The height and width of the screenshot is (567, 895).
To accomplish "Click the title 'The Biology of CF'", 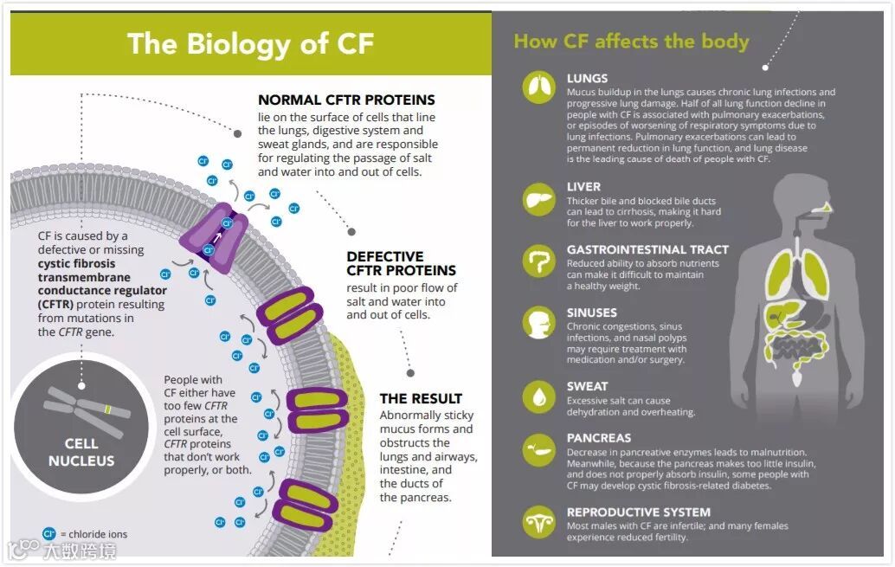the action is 250,43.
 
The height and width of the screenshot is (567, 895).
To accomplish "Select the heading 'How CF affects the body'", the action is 631,41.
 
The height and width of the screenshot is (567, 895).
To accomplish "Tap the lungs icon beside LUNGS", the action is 538,87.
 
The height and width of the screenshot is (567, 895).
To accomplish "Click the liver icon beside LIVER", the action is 538,200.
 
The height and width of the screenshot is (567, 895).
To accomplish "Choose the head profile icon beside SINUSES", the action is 538,323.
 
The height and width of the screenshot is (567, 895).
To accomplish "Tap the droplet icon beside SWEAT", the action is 538,396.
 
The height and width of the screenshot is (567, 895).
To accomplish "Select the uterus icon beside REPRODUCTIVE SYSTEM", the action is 538,522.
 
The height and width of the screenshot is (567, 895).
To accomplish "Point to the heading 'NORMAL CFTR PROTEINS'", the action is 346,100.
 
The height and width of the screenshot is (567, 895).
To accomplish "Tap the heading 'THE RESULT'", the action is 421,399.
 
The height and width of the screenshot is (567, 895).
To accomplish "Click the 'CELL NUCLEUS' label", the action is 81,453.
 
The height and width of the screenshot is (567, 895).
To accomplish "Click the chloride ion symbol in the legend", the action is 49,534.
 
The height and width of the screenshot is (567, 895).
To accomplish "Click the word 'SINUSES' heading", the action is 592,312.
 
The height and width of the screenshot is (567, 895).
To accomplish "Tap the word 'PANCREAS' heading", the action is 599,438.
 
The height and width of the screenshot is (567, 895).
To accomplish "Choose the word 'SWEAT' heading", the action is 587,386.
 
